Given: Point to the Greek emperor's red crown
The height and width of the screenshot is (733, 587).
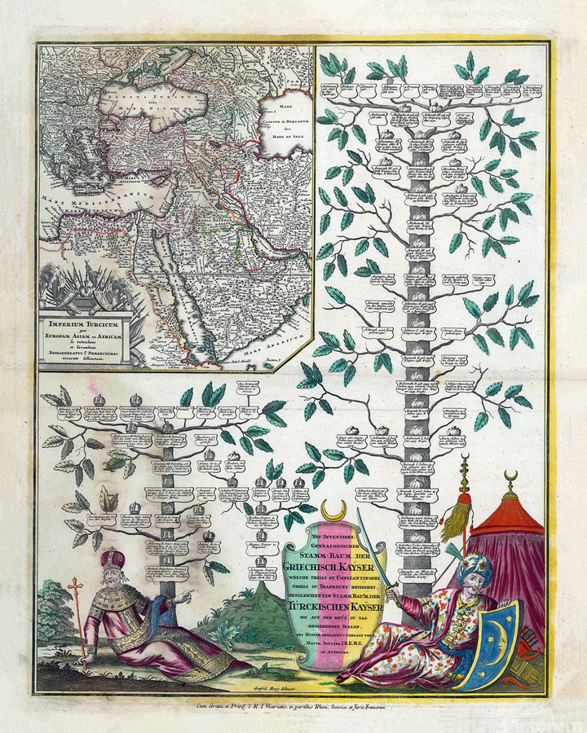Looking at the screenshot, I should click(x=113, y=560).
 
